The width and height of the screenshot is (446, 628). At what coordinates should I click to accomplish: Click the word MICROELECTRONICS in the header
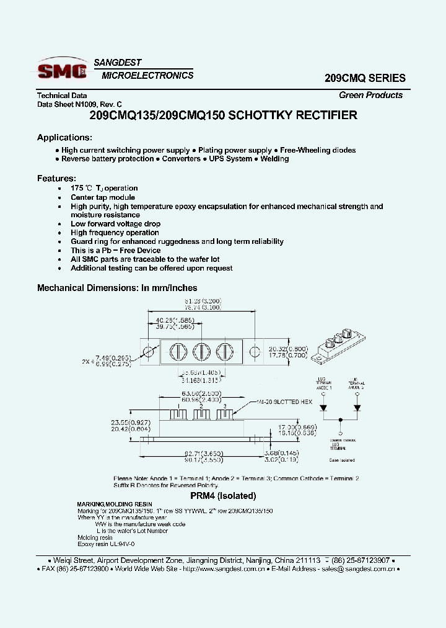click(x=147, y=76)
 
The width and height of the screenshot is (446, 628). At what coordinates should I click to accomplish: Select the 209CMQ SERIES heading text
click(x=365, y=78)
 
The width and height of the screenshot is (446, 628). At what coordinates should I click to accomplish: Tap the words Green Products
click(x=370, y=95)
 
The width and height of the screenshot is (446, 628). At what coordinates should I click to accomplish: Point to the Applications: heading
click(x=64, y=137)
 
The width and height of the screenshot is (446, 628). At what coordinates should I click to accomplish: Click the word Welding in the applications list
click(x=274, y=159)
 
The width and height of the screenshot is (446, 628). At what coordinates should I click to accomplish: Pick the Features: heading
click(x=56, y=178)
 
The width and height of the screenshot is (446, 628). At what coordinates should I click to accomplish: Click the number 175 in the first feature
click(x=77, y=188)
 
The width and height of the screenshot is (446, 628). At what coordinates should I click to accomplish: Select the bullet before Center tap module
click(x=59, y=197)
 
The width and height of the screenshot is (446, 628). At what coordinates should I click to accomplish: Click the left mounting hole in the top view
click(x=148, y=352)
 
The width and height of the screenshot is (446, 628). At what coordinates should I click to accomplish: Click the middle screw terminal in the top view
click(x=199, y=351)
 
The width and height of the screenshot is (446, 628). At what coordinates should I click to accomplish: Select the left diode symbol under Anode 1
click(x=323, y=408)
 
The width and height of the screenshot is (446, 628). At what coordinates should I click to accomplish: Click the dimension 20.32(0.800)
click(x=289, y=348)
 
